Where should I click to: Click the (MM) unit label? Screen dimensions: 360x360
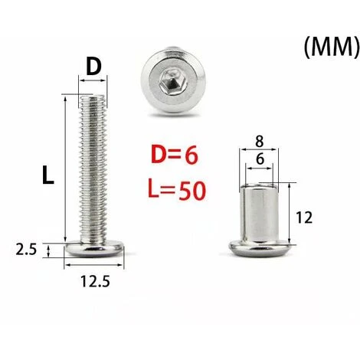point(332,47)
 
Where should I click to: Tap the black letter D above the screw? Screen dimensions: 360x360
point(93,67)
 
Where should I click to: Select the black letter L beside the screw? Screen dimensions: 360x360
point(48,175)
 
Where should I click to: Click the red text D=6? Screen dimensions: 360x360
point(175,155)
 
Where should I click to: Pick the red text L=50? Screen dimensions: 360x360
point(177,191)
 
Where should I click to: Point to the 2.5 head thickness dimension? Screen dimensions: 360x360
point(26,249)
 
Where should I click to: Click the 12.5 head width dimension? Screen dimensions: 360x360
point(95,281)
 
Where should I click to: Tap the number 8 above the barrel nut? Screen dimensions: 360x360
point(259,142)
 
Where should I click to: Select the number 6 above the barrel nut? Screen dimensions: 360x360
point(260,159)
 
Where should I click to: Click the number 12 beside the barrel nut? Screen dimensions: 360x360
point(304,218)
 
